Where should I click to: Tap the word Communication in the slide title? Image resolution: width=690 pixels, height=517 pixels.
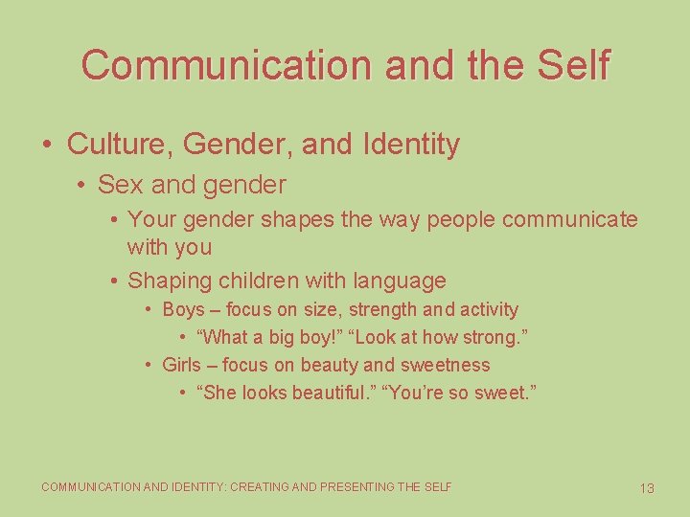(226, 65)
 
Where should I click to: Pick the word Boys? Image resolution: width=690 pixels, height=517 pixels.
(183, 310)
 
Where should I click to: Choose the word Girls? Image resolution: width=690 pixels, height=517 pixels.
(182, 365)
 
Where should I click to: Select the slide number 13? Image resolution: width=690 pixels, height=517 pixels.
(647, 488)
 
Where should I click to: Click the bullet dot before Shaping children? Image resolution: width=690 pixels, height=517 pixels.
(113, 281)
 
